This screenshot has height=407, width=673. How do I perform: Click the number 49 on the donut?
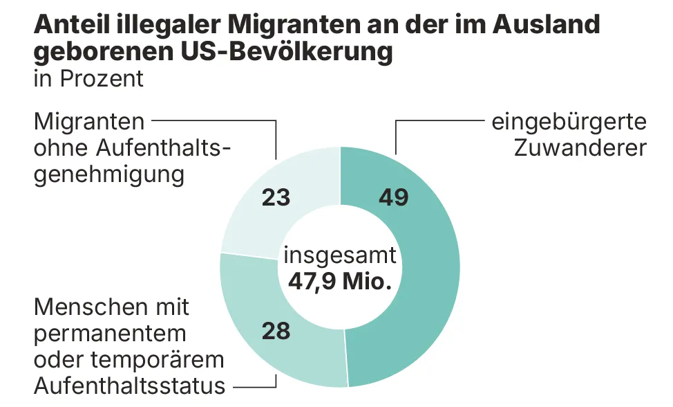coord(394,197)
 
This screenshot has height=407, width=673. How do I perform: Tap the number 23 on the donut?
coord(276,197)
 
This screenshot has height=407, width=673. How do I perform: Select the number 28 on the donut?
coord(276,331)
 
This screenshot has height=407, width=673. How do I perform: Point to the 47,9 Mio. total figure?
coord(340,281)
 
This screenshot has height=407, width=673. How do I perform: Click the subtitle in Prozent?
coord(88,78)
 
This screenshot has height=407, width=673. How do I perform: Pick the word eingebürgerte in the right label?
coord(569,123)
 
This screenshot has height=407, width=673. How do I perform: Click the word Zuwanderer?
coord(580,148)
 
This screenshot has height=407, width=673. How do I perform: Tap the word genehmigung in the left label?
coord(109,174)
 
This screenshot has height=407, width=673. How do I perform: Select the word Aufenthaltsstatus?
coord(129,385)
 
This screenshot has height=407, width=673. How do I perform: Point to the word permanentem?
coord(110,333)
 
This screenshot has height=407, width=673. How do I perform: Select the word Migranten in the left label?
coord(89,122)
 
